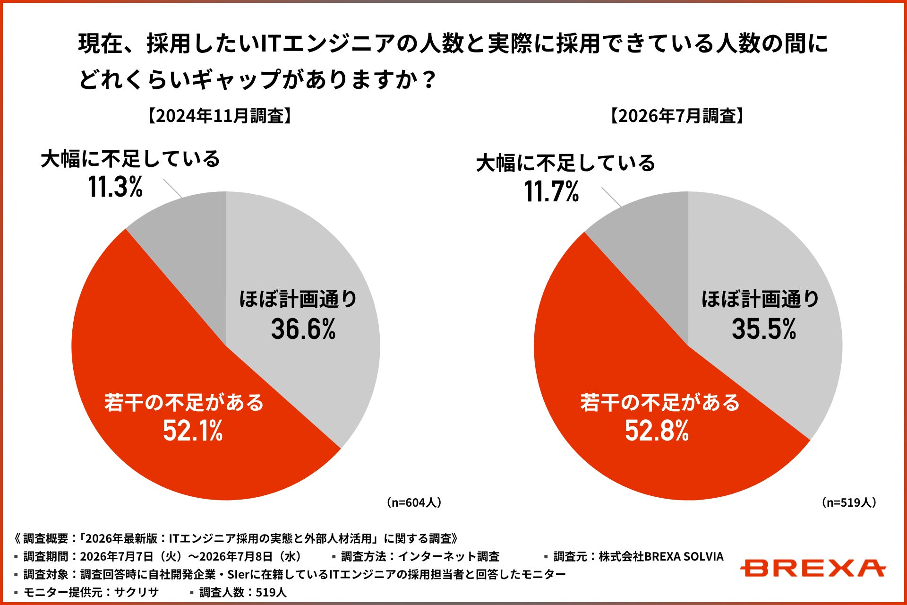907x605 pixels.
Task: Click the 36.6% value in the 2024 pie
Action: [x=303, y=329]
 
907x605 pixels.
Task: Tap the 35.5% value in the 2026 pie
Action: [x=764, y=329]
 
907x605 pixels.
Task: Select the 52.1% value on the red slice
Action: [x=193, y=431]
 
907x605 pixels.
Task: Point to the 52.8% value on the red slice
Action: [x=657, y=431]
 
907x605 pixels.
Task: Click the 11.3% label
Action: [x=115, y=187]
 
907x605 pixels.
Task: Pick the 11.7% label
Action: [x=552, y=191]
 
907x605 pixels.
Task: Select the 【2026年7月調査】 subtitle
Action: [x=677, y=116]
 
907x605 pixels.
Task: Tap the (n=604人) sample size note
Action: [x=414, y=502]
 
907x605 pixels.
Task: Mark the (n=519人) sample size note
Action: [x=849, y=502]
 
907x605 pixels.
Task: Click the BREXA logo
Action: [x=812, y=568]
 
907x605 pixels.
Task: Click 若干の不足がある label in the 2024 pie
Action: [x=184, y=403]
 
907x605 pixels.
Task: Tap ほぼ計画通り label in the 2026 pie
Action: [x=760, y=299]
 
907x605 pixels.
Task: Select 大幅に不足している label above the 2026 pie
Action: [x=565, y=164]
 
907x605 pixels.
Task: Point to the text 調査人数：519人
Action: [x=243, y=592]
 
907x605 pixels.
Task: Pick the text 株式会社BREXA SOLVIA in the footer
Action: [x=661, y=557]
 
